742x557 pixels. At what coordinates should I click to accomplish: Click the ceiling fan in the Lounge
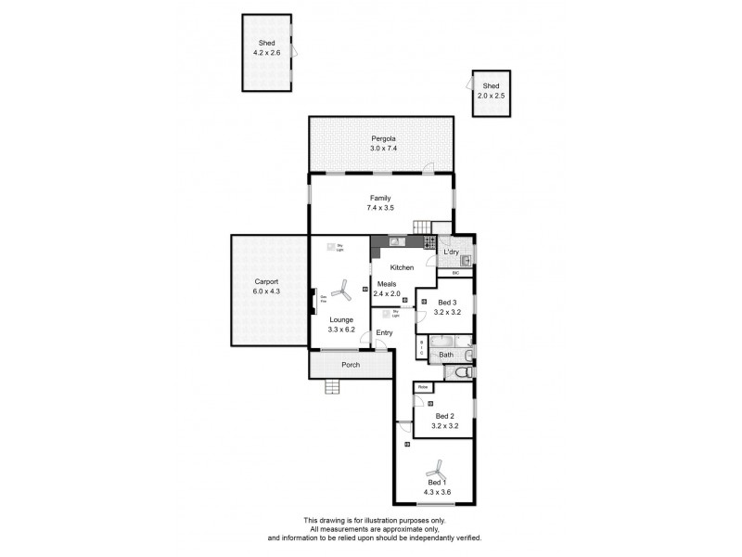click(340, 293)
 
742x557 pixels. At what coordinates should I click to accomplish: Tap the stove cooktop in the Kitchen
click(429, 243)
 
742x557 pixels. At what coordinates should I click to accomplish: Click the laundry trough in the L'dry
click(466, 260)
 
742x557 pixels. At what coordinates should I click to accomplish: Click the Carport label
click(267, 281)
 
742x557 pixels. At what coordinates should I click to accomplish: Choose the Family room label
click(380, 198)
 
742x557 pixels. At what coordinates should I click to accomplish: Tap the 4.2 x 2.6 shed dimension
click(266, 53)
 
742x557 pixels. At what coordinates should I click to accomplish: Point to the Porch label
click(351, 365)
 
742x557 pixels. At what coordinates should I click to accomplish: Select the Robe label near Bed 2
click(423, 387)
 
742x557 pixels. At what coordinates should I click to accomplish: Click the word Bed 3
click(447, 303)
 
